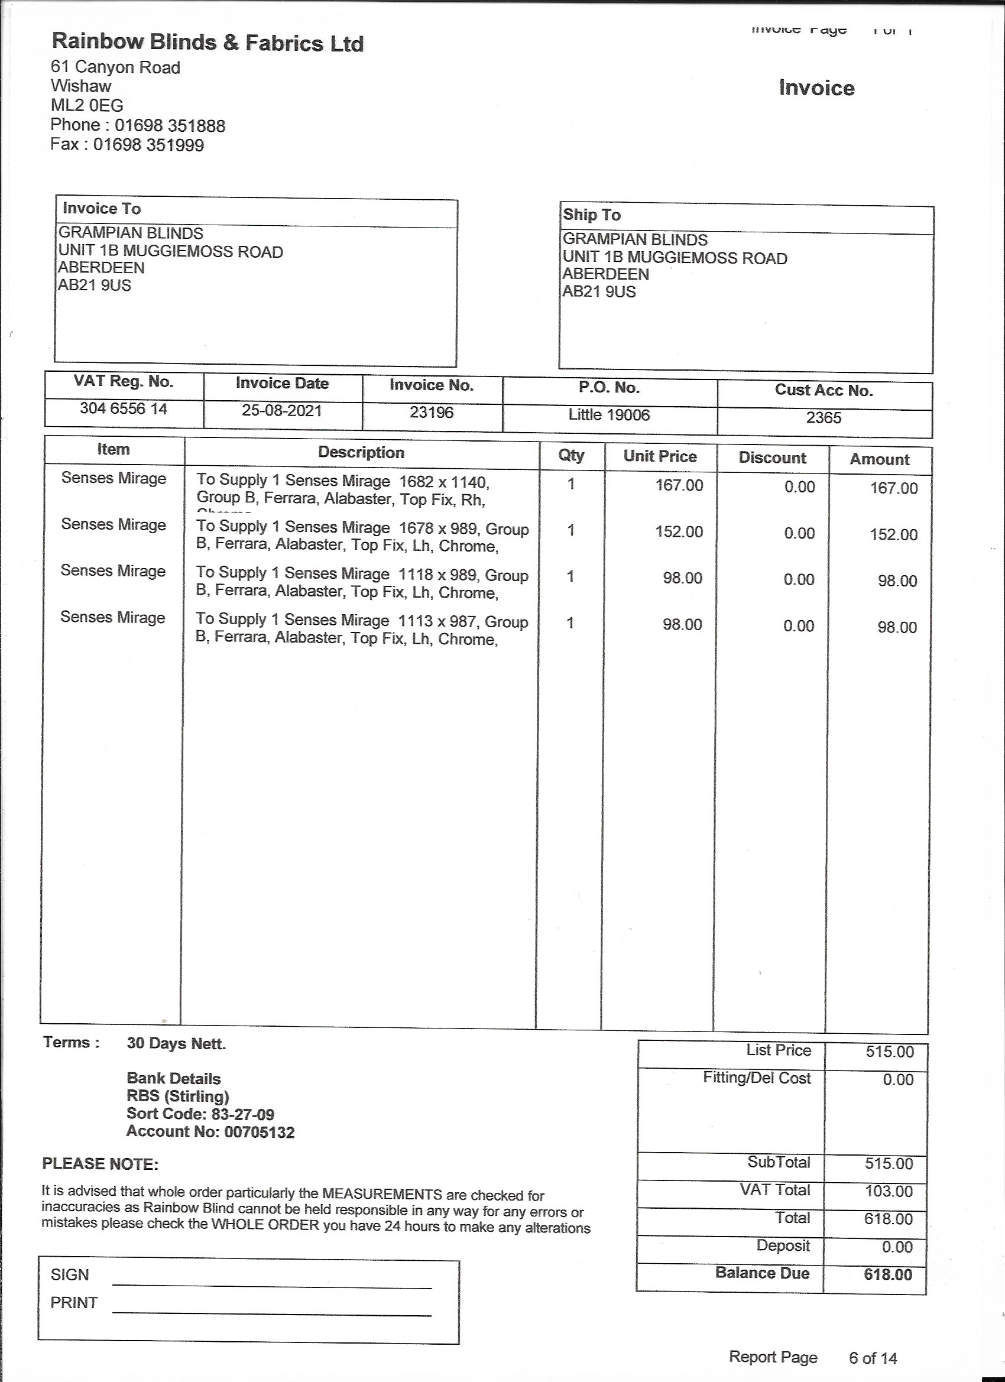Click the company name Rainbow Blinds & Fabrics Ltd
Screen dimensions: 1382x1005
[208, 43]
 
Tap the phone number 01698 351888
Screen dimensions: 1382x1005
[170, 125]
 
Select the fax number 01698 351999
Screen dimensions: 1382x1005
[148, 145]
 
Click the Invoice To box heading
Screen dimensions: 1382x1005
[102, 209]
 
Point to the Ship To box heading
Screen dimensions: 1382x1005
[591, 215]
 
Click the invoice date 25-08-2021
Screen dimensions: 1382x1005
[281, 411]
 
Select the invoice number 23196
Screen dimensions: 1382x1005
[432, 413]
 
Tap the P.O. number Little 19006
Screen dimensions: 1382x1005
[609, 415]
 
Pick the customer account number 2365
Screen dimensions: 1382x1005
[824, 418]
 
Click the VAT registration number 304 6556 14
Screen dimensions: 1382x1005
[124, 409]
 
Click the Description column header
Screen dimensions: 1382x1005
[361, 453]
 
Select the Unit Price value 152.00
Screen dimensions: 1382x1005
[679, 532]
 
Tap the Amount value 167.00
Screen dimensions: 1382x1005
[893, 488]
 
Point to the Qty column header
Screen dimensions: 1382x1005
[571, 455]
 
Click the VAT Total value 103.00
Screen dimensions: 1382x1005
[889, 1191]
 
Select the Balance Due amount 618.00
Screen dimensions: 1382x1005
[888, 1275]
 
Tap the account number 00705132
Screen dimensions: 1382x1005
[259, 1133]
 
